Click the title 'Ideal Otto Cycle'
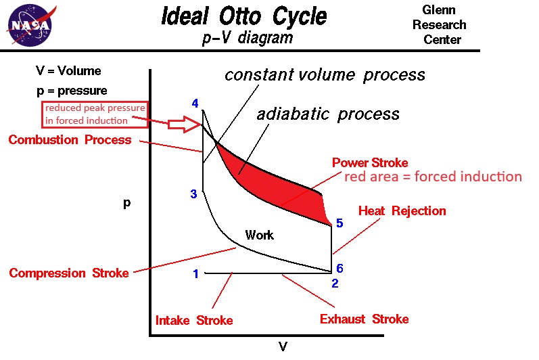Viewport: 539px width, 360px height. (243, 16)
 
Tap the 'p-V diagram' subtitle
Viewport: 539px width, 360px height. (248, 38)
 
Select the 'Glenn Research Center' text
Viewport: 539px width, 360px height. (444, 24)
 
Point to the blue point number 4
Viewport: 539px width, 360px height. (195, 104)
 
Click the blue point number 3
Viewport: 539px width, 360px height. (193, 194)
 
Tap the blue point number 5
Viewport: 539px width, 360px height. (339, 223)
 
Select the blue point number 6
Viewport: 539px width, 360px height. (339, 269)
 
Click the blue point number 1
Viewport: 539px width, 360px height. (195, 274)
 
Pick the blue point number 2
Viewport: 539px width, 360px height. (334, 283)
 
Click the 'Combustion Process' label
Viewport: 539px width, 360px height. (70, 140)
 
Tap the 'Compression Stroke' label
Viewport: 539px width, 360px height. (68, 273)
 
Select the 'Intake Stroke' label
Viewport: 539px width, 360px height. (194, 320)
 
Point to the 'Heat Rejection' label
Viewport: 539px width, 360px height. (402, 210)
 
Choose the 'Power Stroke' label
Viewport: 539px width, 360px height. (370, 163)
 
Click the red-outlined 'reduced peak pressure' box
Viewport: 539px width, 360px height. (95, 114)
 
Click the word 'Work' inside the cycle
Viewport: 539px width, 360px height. (259, 235)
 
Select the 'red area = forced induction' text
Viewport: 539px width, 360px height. (433, 177)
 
